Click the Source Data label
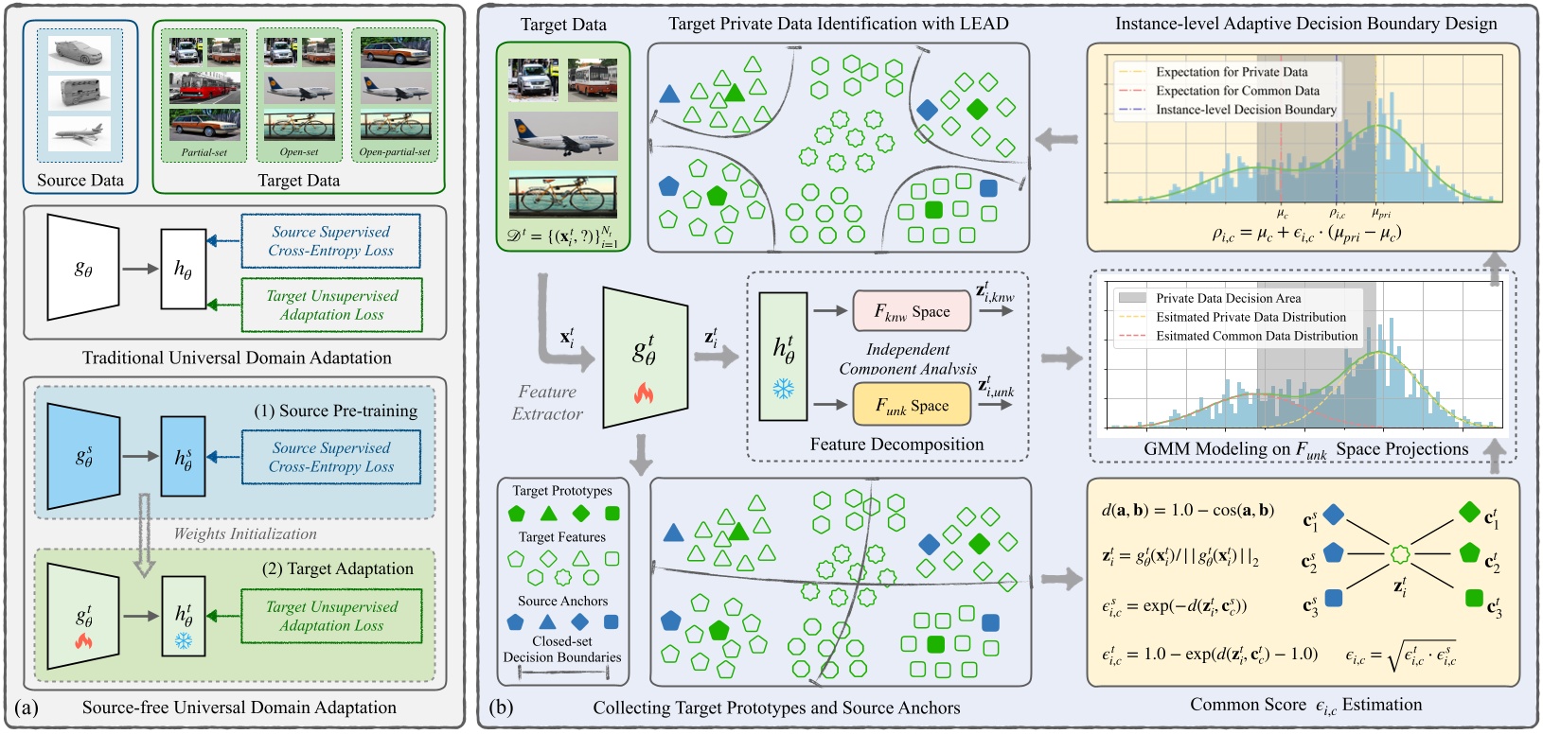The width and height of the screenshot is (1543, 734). point(80,180)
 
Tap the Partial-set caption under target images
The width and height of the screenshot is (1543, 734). point(204,152)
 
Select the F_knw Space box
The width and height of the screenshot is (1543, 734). point(912,311)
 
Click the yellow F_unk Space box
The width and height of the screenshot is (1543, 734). point(912,405)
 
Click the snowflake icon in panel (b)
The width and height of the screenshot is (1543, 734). point(783,389)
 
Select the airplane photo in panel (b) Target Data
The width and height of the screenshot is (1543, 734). point(562,136)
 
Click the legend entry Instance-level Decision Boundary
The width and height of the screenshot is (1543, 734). point(1246,110)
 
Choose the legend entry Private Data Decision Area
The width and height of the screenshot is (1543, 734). point(1228,298)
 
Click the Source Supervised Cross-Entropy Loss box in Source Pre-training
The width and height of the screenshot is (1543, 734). point(330,457)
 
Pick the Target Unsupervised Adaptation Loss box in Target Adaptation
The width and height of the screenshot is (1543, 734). point(330,616)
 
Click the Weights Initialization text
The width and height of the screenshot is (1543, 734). point(245,533)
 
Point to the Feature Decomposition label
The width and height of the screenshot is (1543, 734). point(896,444)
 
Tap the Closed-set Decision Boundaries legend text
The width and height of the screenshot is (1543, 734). point(562,649)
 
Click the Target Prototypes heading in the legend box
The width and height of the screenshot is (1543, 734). point(562,490)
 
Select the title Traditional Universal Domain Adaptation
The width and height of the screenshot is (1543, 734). point(237,358)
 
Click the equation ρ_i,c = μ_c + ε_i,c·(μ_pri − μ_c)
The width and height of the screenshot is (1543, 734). point(1306,233)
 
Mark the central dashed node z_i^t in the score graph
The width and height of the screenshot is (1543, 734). point(1399,554)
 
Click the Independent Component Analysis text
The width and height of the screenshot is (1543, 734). point(907,359)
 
